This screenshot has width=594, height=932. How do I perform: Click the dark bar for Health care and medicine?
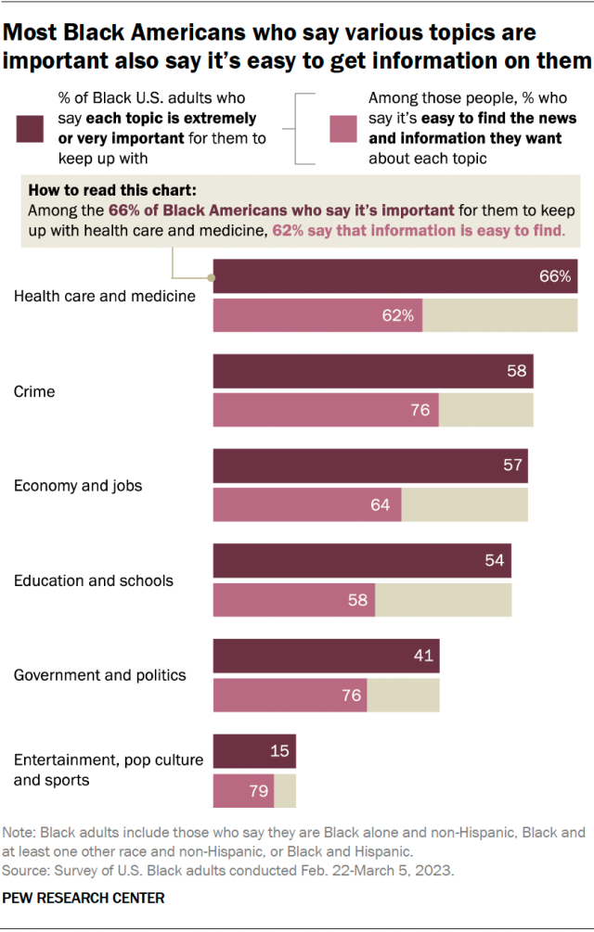(395, 276)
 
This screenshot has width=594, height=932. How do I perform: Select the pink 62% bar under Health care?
(317, 315)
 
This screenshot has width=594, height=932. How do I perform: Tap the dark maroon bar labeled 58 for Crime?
(373, 371)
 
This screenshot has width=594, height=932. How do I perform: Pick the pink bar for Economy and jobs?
(307, 504)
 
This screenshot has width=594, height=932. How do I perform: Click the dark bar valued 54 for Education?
(362, 561)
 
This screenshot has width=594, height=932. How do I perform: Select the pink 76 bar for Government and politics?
(290, 695)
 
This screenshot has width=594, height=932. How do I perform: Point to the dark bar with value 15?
(254, 750)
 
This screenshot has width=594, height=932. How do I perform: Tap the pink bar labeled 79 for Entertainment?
(243, 791)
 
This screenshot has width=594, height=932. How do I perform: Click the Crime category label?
(34, 391)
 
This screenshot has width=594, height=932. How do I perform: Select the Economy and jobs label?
(78, 486)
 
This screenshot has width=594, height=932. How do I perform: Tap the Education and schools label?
(94, 581)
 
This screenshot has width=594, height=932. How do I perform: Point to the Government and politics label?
(100, 675)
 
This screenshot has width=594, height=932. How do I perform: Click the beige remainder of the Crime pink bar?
(486, 409)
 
